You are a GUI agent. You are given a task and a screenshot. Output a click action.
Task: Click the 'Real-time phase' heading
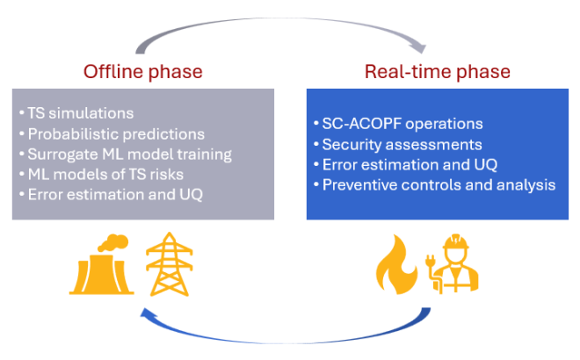click(x=438, y=71)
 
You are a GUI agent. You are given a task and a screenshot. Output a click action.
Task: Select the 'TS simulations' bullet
click(x=75, y=113)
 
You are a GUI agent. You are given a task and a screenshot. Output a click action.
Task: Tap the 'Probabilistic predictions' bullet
click(x=111, y=133)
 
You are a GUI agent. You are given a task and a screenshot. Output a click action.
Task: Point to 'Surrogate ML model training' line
click(x=124, y=154)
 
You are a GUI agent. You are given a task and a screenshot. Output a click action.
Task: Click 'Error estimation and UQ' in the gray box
click(x=110, y=194)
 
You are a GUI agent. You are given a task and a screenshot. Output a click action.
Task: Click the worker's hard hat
click(x=457, y=242)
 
